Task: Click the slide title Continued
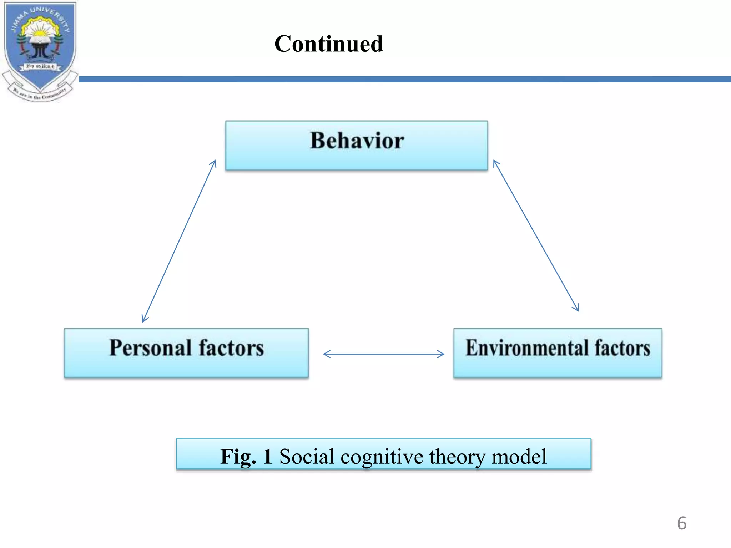[329, 44]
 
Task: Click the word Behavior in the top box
[357, 141]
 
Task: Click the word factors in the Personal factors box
[231, 348]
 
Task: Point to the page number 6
[681, 523]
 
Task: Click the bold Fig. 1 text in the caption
[246, 456]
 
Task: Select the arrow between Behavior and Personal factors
[179, 241]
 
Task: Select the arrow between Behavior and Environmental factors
[535, 235]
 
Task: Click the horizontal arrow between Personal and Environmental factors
[384, 354]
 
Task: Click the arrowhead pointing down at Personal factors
[144, 319]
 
